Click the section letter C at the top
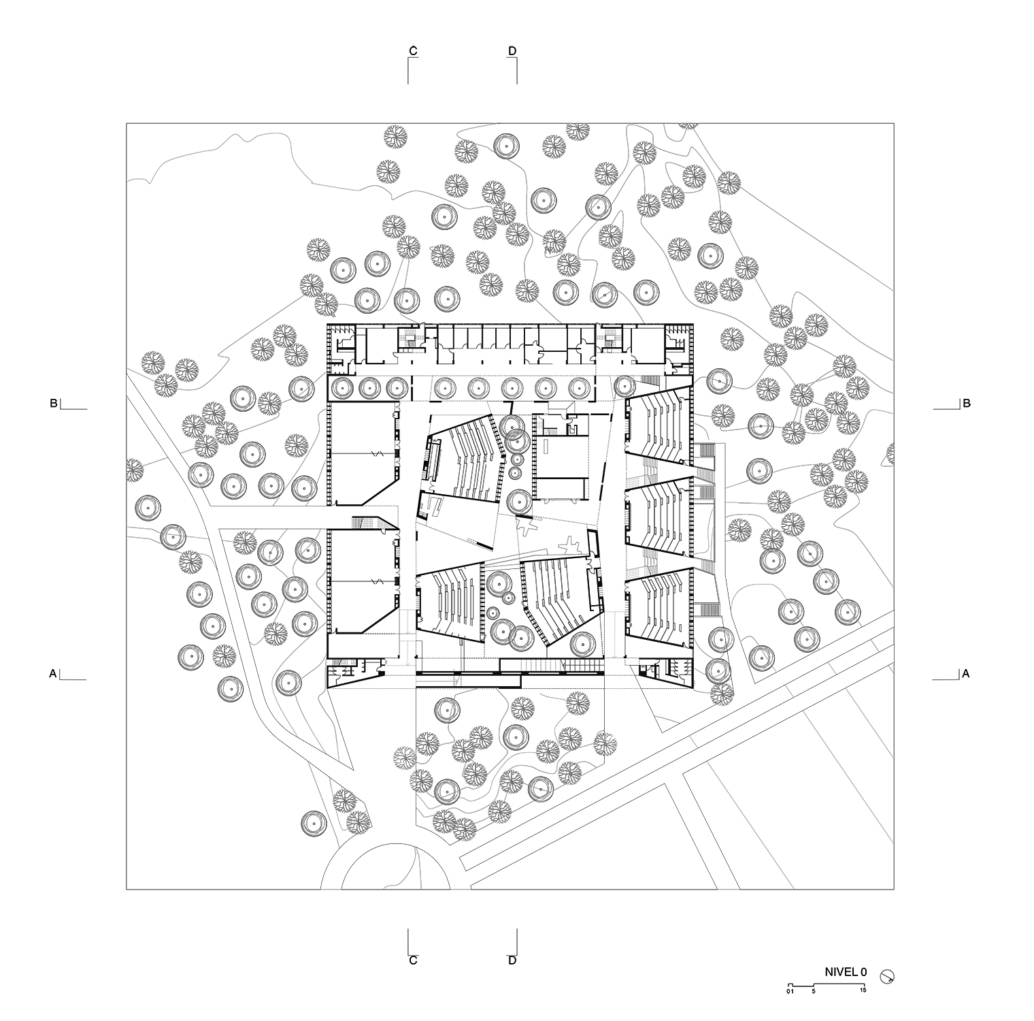tap(413, 50)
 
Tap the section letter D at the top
tap(512, 50)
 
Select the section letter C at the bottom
tap(413, 960)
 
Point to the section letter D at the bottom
tap(512, 960)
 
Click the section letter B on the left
tap(54, 403)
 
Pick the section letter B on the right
tap(966, 403)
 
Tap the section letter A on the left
tap(53, 674)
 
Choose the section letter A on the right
tap(966, 674)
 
